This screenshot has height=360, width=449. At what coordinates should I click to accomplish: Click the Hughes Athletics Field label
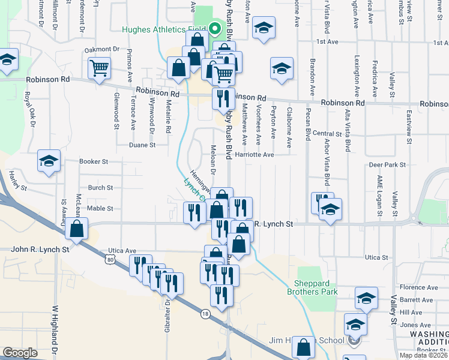pos(163,29)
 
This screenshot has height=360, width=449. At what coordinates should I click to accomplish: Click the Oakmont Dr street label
pos(103,49)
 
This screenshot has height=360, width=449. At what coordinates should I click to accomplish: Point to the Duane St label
pos(143,145)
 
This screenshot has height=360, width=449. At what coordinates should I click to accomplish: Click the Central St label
pos(327,134)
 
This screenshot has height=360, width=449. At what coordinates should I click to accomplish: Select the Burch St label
pos(100,188)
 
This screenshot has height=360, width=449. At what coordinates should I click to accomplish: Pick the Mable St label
pos(100,208)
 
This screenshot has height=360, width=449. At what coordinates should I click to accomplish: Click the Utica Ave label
pos(122,250)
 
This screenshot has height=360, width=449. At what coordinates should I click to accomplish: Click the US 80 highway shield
pos(109,259)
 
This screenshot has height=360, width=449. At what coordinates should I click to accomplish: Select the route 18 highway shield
pos(206,313)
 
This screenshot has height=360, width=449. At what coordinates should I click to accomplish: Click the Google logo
pos(20,353)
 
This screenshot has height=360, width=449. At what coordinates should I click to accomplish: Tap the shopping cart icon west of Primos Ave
pos(99,67)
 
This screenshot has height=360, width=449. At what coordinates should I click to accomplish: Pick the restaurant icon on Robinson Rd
pos(223,98)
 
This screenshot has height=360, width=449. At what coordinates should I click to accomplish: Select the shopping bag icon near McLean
pos(77,229)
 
